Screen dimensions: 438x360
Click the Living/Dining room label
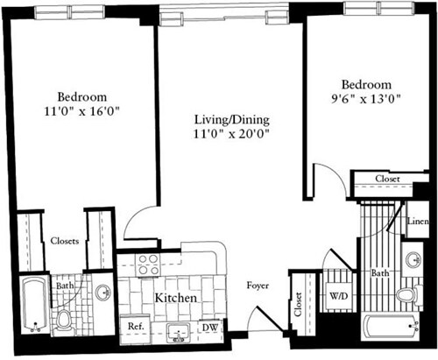pos(232,120)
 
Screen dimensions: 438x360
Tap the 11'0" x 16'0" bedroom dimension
pos(82,111)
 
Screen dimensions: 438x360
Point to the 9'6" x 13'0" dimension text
pos(365,99)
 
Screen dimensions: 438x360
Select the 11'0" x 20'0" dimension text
pos(231,134)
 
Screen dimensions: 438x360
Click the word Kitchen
pos(176,298)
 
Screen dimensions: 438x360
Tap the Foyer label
pos(258,286)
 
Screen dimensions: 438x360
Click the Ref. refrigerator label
pos(136,326)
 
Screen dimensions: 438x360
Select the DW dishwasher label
pos(210,328)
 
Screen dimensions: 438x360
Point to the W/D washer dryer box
pos(339,296)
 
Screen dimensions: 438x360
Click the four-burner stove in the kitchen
pos(149,265)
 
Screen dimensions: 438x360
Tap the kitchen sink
pos(178,333)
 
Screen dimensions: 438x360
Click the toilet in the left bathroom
pos(63,321)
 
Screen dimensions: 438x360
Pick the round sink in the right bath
pos(413,258)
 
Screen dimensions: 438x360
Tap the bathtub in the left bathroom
pos(35,304)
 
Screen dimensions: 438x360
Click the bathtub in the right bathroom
pos(392,326)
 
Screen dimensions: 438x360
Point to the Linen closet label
pos(418,222)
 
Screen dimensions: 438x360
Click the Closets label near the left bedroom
pos(65,241)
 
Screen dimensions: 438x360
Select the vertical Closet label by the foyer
pos(298,305)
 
